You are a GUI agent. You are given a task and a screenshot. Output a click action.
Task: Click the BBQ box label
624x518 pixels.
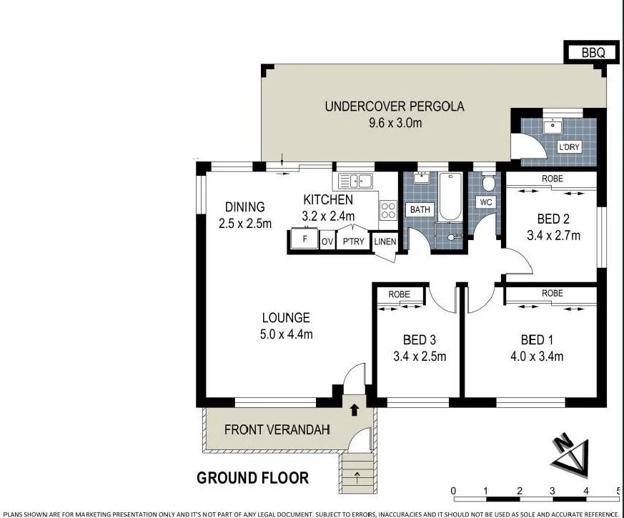click(x=592, y=53)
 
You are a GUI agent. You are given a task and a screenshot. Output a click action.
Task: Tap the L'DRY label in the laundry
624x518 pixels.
click(x=569, y=147)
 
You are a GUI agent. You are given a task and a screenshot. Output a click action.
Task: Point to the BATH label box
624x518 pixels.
click(x=419, y=210)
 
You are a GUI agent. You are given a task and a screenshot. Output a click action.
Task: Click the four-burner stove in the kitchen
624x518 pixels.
click(x=388, y=210)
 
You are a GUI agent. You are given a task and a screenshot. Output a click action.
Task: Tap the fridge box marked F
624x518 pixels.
click(x=304, y=239)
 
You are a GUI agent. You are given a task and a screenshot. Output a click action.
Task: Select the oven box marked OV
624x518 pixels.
click(x=327, y=241)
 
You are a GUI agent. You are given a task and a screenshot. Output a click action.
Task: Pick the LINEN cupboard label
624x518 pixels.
click(x=385, y=241)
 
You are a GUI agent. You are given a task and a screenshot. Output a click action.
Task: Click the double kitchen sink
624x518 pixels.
click(x=358, y=181)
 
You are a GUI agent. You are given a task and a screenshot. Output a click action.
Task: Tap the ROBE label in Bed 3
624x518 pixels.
click(x=399, y=294)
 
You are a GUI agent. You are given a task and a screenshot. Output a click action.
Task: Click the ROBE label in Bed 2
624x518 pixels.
click(x=552, y=179)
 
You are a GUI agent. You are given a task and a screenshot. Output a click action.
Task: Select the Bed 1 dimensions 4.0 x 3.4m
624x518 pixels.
click(x=542, y=357)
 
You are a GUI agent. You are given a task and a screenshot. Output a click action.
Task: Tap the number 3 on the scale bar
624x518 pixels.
click(x=553, y=491)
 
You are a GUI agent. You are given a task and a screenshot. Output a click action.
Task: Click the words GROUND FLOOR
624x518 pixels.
click(x=252, y=478)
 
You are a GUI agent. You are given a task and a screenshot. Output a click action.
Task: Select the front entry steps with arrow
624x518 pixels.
click(x=355, y=472)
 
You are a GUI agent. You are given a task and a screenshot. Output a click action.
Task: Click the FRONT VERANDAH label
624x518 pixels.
click(x=267, y=430)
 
